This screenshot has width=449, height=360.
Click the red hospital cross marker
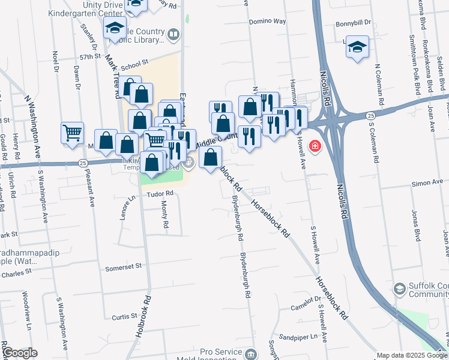coord(315,146)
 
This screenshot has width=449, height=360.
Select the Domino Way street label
coord(267,21)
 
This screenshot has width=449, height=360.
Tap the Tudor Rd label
coord(161,193)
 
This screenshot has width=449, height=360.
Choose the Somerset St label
coord(123,265)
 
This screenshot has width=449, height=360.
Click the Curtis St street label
coord(125,316)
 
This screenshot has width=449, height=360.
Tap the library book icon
coord(173,34)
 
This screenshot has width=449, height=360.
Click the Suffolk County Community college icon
coord(399,290)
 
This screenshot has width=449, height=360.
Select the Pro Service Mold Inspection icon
coord(250,354)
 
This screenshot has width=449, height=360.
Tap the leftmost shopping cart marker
coord(73,132)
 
